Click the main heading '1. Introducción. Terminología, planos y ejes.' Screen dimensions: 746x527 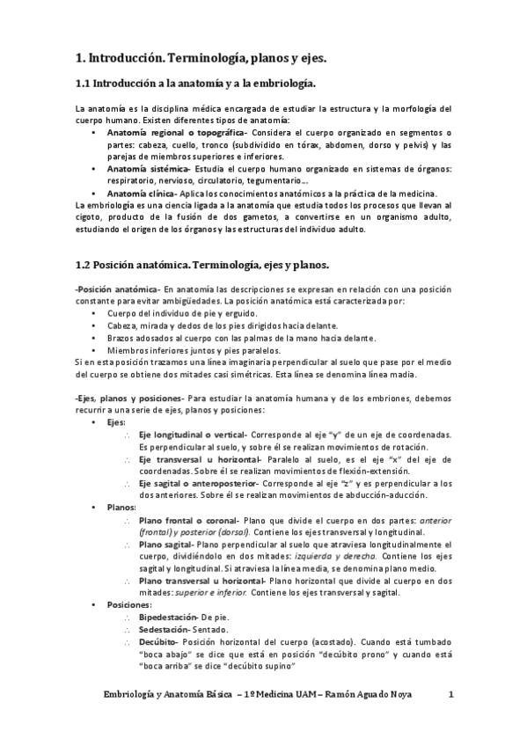click(x=201, y=58)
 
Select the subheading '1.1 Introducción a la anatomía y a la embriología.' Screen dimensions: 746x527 click(x=196, y=83)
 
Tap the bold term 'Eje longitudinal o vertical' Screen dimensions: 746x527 click(x=194, y=435)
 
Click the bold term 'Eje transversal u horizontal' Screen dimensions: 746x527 click(x=195, y=459)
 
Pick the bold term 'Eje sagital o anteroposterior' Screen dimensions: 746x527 click(x=197, y=484)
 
